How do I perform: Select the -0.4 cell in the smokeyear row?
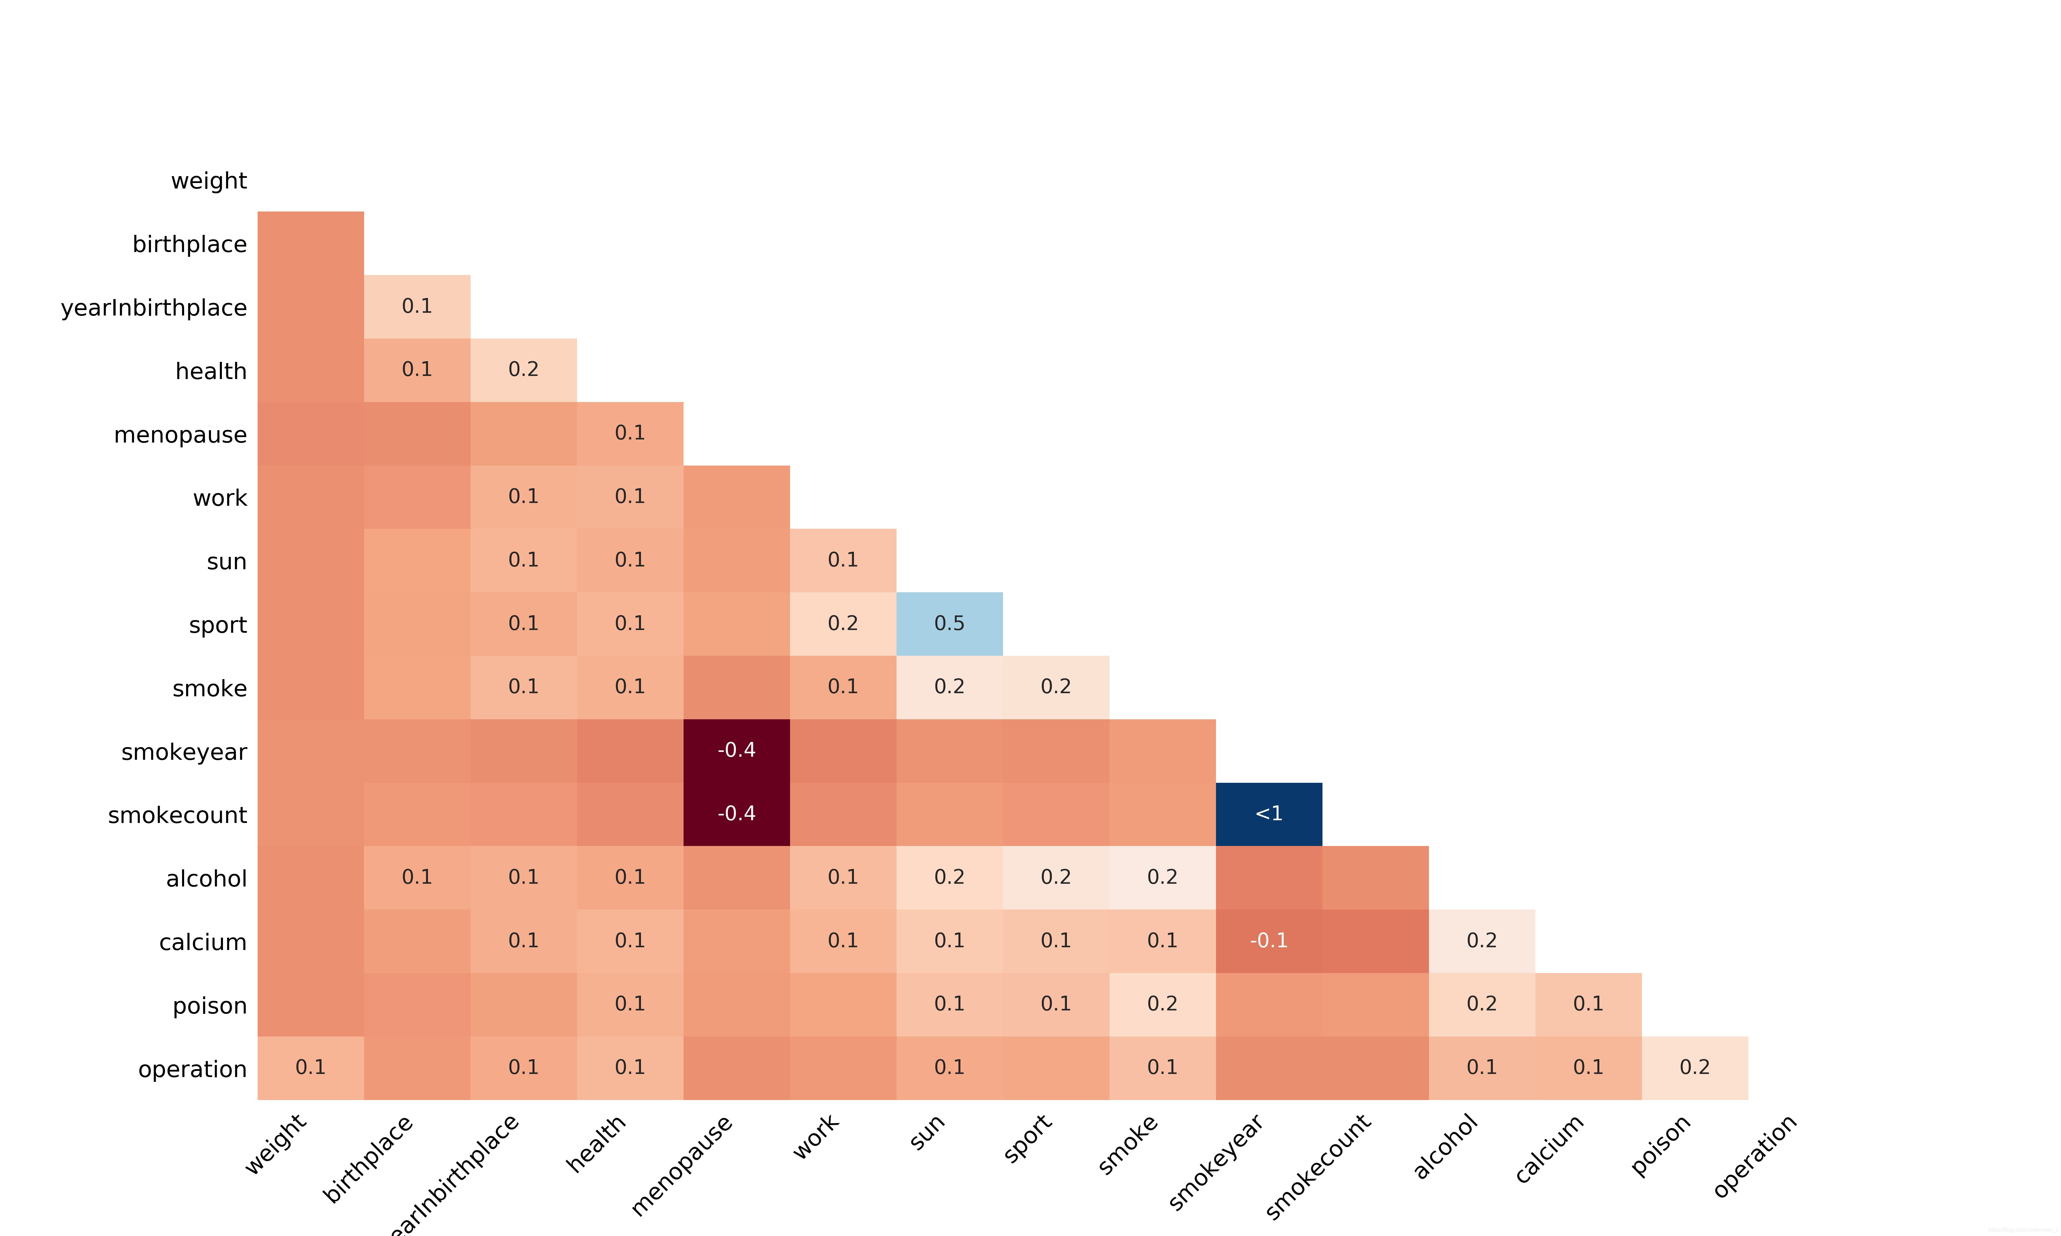click(x=736, y=751)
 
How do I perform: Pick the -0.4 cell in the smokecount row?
click(x=736, y=814)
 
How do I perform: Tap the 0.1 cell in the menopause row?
click(x=630, y=433)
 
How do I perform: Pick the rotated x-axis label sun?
click(x=927, y=1133)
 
